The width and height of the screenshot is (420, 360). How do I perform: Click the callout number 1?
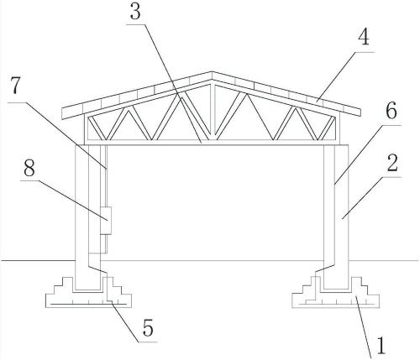click(x=381, y=347)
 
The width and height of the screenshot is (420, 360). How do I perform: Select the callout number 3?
click(x=135, y=13)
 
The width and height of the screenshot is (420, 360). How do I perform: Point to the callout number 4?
click(x=364, y=37)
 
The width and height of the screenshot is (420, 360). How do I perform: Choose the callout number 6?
click(x=391, y=111)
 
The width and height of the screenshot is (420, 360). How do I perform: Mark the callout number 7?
click(x=16, y=86)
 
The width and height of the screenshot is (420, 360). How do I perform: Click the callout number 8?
click(x=29, y=168)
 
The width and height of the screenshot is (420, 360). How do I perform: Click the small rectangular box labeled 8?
click(x=106, y=221)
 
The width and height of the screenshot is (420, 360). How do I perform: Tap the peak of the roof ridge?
click(x=212, y=72)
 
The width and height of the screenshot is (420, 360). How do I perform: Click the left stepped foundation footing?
click(x=88, y=292)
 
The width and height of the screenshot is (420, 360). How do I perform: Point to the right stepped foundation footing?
click(x=336, y=292)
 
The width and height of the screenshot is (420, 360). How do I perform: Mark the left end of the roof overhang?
click(x=62, y=114)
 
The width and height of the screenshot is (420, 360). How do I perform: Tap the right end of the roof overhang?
click(x=360, y=112)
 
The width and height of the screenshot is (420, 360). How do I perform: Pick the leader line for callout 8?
click(x=64, y=201)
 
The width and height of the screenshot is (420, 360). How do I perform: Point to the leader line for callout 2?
click(x=372, y=197)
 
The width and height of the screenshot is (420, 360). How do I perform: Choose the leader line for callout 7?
click(x=57, y=136)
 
